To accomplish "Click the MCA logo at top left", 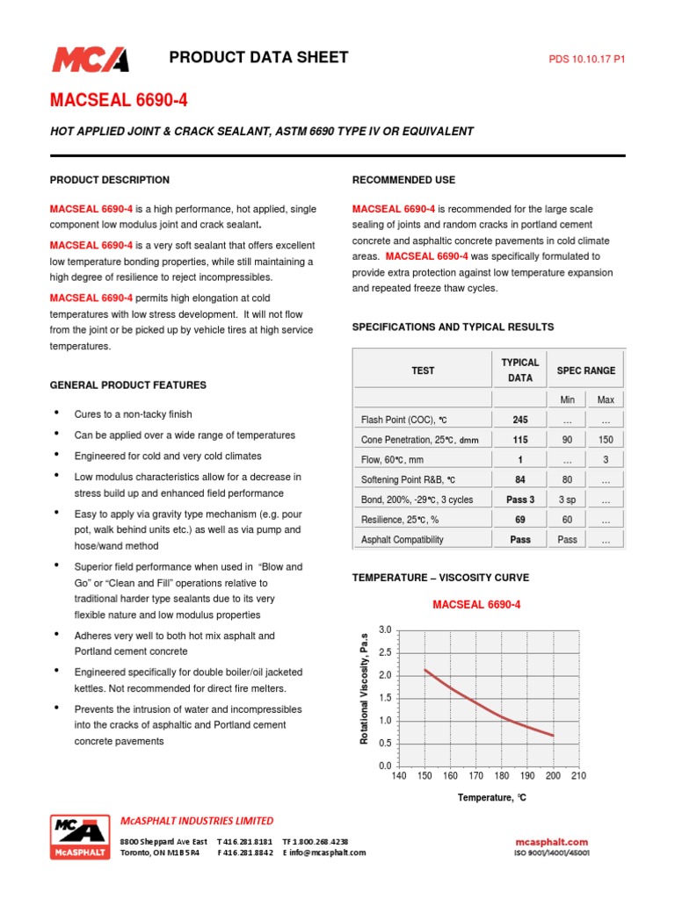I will (90, 59).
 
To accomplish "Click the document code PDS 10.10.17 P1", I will (586, 60).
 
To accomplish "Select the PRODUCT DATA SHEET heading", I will (258, 58).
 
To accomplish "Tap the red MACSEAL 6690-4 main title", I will (118, 101).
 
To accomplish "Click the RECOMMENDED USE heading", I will (403, 180).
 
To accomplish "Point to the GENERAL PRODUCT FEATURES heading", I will (128, 385).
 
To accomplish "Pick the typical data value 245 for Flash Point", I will (520, 420).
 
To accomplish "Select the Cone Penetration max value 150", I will (606, 440).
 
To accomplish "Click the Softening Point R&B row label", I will (409, 480).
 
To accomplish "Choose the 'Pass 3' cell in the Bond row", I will (520, 500).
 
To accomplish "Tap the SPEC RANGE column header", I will (586, 370).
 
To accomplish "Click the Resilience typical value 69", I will (520, 521).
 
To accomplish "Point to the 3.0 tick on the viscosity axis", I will (384, 630).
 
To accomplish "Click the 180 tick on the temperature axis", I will (502, 776).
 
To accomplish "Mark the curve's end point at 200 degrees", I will (553, 736).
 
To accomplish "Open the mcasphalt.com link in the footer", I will (551, 842).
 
